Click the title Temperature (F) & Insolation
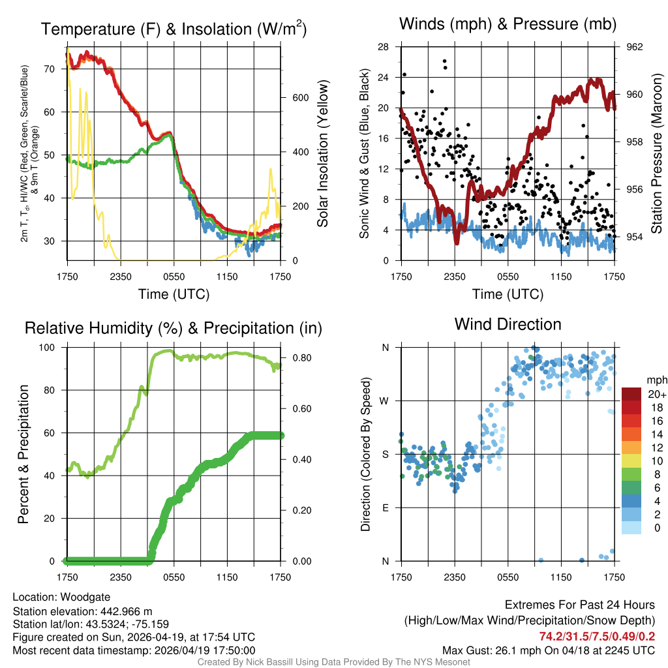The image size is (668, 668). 174,29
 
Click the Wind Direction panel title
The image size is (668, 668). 508,324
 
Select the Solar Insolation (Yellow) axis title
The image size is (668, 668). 322,154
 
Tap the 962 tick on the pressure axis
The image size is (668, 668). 635,47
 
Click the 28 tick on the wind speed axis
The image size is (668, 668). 384,47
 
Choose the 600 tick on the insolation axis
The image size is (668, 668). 299,98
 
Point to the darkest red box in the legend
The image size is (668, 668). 631,394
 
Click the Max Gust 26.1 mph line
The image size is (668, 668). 549,650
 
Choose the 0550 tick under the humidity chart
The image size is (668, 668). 174,577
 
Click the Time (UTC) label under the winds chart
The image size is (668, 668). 508,294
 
